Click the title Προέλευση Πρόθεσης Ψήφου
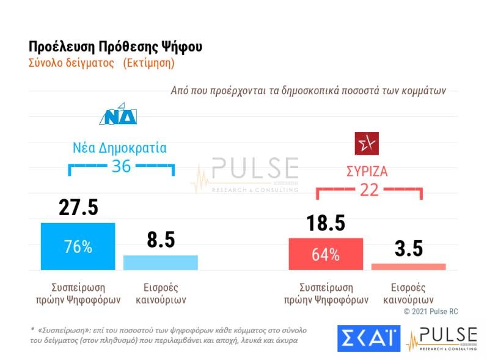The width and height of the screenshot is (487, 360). click(115, 47)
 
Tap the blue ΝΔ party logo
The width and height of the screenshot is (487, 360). click(119, 113)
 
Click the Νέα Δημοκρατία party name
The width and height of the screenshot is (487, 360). click(121, 148)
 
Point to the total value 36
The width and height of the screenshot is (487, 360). click(121, 166)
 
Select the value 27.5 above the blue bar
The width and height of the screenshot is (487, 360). click(78, 208)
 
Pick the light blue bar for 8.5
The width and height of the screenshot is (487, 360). click(161, 262)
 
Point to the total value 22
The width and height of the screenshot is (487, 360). click(369, 190)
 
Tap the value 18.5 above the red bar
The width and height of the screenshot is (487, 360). click(326, 223)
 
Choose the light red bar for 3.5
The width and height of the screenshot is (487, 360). click(408, 266)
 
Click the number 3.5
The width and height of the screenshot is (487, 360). click(408, 249)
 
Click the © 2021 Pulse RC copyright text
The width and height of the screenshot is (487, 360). click(431, 312)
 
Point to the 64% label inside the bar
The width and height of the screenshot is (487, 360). click(326, 255)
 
